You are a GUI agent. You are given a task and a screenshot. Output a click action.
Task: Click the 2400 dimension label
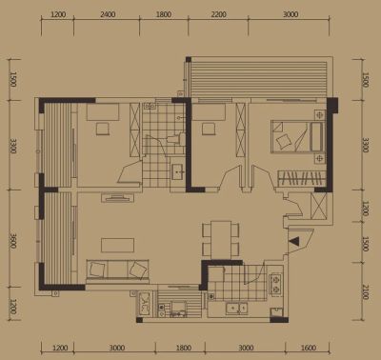point(108,14)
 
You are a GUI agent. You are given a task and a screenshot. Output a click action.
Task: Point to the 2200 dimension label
point(219,14)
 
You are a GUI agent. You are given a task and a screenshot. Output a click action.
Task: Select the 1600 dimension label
point(308,348)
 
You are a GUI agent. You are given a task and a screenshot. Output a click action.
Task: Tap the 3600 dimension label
point(13,241)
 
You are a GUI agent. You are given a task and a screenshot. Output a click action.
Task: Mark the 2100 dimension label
point(365,292)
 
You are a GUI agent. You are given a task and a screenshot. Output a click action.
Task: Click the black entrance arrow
point(294,241)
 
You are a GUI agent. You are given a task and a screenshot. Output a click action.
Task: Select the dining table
point(221,239)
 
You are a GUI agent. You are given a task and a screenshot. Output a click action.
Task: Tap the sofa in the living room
point(117,271)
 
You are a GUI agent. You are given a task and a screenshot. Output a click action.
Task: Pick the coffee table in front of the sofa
point(117,246)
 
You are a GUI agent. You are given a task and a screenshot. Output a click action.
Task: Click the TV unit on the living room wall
point(117,198)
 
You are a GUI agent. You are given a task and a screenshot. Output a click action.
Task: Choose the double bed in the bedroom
point(296,137)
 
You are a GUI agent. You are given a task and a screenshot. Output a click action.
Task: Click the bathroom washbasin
point(178,171)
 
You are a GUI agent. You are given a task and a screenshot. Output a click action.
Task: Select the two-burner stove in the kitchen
point(275,285)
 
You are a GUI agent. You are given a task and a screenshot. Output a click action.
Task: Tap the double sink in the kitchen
point(236,309)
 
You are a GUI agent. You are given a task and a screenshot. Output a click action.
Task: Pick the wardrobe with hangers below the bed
point(302,178)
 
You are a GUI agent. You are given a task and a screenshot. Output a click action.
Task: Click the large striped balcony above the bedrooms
point(259,78)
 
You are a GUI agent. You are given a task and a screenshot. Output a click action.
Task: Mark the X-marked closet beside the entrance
point(318,206)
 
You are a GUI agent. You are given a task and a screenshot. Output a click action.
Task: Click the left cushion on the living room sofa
point(96,270)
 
